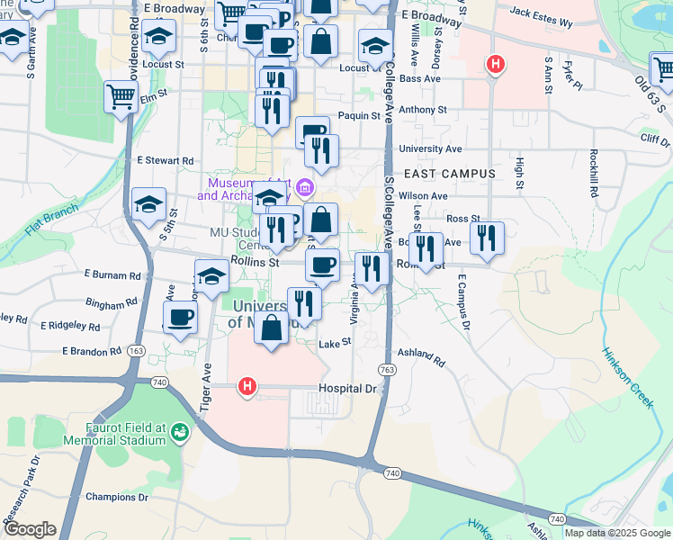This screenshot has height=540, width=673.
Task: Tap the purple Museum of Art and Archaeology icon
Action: click(305, 187)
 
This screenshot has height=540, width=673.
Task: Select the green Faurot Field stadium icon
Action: click(180, 433)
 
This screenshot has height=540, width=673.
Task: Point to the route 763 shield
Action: click(387, 369)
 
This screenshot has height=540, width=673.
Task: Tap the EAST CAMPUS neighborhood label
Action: click(450, 173)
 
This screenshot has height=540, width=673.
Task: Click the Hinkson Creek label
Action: click(626, 378)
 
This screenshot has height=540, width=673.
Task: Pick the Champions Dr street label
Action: click(116, 496)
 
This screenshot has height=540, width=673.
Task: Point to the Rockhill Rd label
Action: click(595, 174)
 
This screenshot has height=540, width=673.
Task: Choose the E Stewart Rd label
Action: click(166, 160)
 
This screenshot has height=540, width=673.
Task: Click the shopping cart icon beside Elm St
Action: click(121, 94)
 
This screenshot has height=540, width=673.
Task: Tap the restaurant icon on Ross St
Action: click(487, 237)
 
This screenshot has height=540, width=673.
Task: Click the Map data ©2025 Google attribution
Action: click(616, 533)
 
